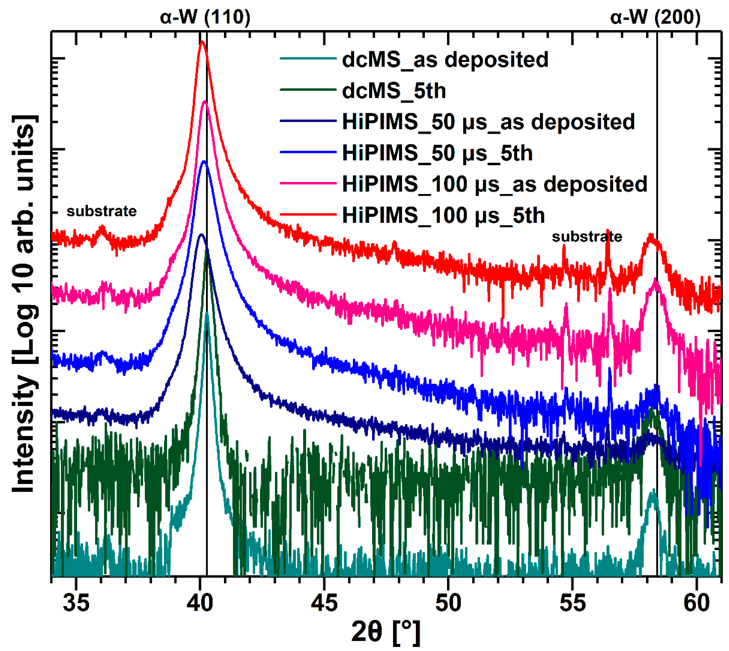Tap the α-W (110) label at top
(x=205, y=17)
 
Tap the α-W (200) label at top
(x=655, y=17)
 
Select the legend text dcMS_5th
(x=394, y=91)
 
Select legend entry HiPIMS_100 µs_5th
(x=443, y=215)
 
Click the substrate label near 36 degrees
(x=102, y=211)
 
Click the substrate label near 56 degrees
(x=587, y=237)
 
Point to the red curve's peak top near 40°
(x=202, y=42)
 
